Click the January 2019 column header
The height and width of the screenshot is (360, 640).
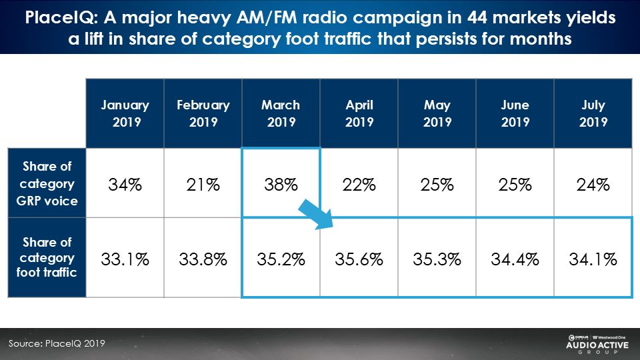point(125,113)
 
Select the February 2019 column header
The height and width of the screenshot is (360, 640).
point(203,113)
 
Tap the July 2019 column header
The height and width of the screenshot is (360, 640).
point(593,113)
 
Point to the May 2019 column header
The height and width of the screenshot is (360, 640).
point(437,113)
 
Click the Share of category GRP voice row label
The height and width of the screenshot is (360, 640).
point(47,183)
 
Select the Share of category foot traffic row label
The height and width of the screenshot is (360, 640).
point(47,257)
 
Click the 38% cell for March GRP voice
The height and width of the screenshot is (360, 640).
point(281,185)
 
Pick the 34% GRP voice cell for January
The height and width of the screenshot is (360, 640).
point(125,185)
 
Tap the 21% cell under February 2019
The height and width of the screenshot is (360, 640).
point(203,185)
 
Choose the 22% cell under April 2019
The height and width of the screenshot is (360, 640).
point(359,185)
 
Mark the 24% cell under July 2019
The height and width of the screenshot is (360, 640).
point(593,185)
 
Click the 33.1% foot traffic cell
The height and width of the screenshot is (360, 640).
point(125,259)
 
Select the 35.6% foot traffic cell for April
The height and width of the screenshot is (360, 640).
point(359,259)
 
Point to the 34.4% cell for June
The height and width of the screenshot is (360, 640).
point(515,259)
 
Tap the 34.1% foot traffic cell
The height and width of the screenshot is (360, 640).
point(593,259)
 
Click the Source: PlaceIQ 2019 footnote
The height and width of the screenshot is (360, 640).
point(57,343)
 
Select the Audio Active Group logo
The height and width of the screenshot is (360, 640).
point(597,344)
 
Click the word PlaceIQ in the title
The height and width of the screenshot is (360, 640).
point(61,18)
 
